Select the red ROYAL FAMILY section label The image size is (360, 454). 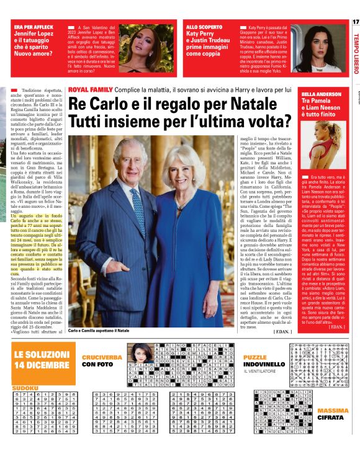pyautogui.click(x=92, y=89)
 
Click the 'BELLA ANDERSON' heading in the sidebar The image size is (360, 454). pyautogui.click(x=320, y=94)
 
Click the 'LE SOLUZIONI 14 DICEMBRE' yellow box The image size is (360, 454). pyautogui.click(x=42, y=359)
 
